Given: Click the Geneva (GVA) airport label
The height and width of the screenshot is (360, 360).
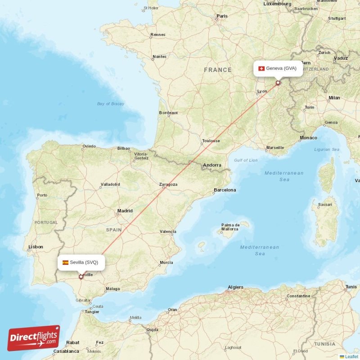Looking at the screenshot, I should point(281,68).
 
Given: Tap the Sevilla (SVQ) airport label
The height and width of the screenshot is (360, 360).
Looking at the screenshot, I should point(84,262).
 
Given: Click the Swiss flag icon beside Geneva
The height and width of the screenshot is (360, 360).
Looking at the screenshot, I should point(261,68).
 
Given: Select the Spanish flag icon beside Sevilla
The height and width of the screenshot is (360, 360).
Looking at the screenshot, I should point(66,262).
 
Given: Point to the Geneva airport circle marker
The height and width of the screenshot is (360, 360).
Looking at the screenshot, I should point(278,83).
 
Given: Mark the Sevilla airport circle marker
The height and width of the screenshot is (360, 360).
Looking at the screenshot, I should point(81,277).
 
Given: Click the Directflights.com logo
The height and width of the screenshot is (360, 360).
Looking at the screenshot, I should point(34,338).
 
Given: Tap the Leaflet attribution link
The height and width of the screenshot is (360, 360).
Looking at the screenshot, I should point(351,356).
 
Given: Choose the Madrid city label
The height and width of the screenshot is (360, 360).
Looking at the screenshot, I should point(125,211).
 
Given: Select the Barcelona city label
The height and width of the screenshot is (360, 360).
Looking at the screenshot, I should point(225,190).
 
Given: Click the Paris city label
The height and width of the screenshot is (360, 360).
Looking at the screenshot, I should point(222,16).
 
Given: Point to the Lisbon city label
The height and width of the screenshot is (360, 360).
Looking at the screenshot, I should point(36,247).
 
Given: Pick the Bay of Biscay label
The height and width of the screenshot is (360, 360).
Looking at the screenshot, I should point(110,104).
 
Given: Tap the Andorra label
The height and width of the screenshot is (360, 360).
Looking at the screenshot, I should point(212,166).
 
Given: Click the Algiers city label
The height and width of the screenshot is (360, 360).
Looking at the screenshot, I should point(235,287).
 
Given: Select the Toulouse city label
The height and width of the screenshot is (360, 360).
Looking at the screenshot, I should point(211,141).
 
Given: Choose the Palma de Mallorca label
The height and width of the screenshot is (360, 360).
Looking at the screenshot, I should point(229,227).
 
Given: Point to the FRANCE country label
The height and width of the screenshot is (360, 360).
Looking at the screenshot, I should point(218,70).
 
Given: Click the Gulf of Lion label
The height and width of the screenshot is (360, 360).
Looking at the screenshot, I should point(246,160).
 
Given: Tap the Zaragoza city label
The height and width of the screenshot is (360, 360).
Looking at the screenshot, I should point(168,184).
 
